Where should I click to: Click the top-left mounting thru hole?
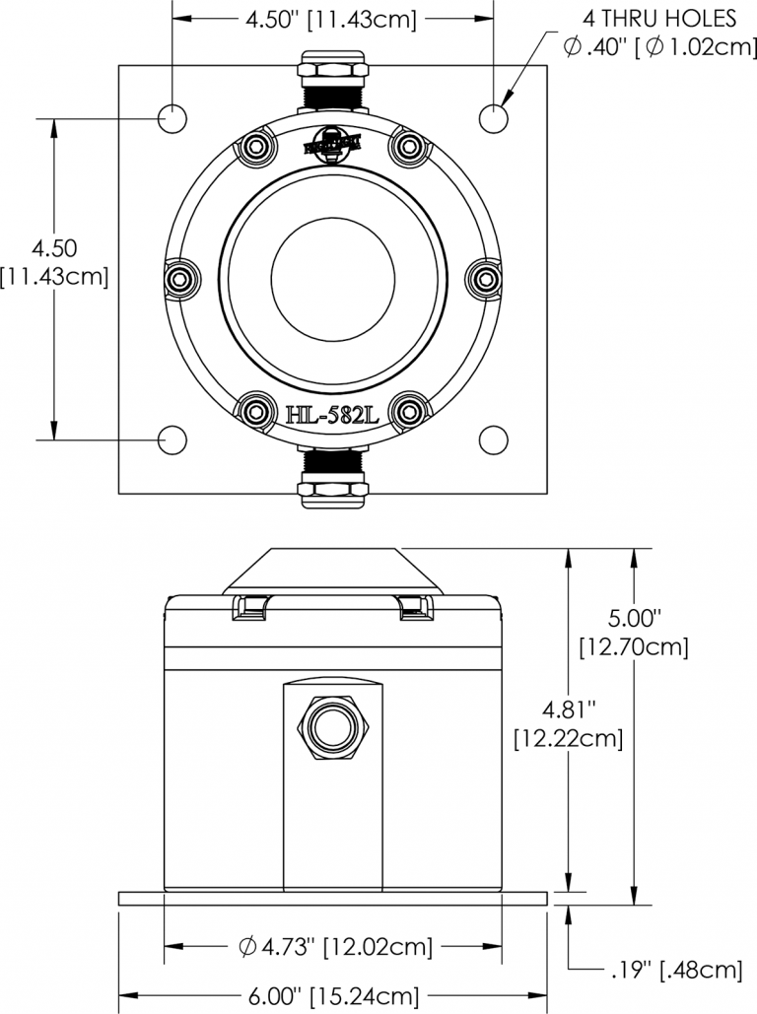click(x=172, y=119)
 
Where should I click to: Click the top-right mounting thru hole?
click(x=494, y=119)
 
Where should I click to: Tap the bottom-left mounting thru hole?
click(x=172, y=439)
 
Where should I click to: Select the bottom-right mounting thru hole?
click(x=494, y=439)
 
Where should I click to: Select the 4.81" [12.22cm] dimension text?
click(x=569, y=722)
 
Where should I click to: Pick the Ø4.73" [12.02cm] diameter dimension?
click(x=334, y=947)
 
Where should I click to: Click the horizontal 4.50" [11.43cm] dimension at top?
click(x=331, y=19)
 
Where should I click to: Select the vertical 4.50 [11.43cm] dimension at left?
click(x=54, y=262)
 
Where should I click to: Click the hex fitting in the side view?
click(x=333, y=730)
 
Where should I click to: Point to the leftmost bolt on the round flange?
click(x=181, y=280)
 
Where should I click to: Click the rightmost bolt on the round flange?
click(x=485, y=280)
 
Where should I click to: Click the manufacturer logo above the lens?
click(x=333, y=144)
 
